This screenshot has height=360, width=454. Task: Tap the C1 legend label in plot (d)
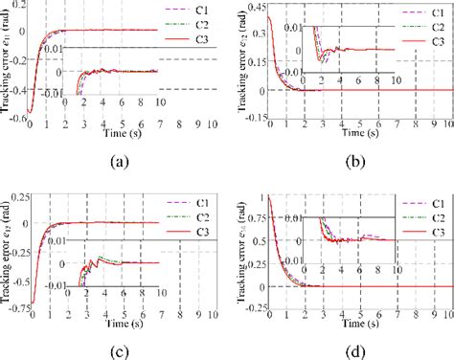point(436,204)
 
